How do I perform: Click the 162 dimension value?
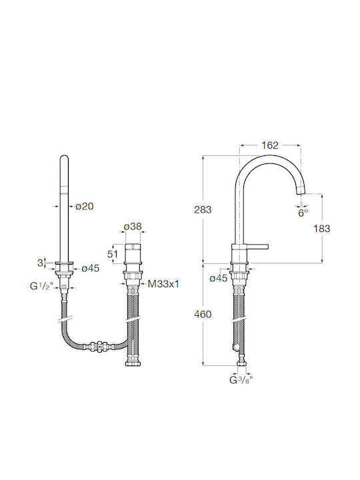tap(270, 145)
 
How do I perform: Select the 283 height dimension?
tap(203, 210)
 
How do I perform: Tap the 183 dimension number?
tap(322, 229)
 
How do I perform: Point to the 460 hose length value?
tap(203, 315)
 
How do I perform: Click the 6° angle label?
tap(303, 213)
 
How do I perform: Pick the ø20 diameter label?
tap(85, 207)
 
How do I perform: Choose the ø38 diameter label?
tap(133, 227)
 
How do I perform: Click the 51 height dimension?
tap(112, 254)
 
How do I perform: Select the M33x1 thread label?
tap(163, 284)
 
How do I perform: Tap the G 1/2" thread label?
tap(41, 286)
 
